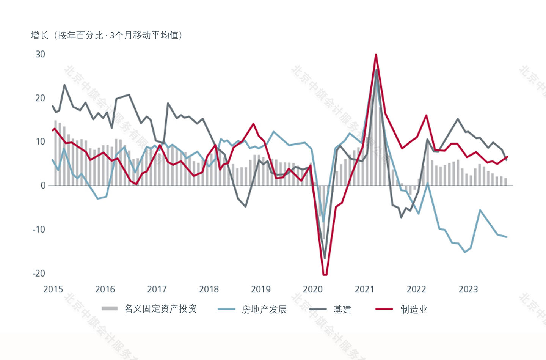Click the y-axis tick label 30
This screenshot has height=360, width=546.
click(x=40, y=54)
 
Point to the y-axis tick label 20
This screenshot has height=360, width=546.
click(x=40, y=98)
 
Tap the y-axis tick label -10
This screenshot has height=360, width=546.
click(x=39, y=230)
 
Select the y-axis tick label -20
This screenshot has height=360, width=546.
click(x=39, y=274)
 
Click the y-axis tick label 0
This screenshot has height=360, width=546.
click(x=43, y=186)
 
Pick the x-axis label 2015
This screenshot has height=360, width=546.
click(x=53, y=289)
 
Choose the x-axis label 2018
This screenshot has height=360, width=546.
click(x=209, y=289)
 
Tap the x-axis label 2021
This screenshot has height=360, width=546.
click(x=364, y=289)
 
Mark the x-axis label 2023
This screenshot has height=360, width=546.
click(x=468, y=289)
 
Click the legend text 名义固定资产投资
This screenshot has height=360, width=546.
click(x=160, y=309)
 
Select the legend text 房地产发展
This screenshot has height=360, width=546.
click(x=264, y=310)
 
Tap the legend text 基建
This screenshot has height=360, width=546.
click(x=342, y=310)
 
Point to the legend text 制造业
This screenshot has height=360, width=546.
click(x=414, y=310)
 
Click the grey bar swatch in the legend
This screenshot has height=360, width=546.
click(x=110, y=308)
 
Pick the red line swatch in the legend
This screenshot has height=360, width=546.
click(x=384, y=309)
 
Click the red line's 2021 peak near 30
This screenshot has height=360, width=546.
click(x=376, y=55)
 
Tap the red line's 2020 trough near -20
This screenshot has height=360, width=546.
click(x=325, y=274)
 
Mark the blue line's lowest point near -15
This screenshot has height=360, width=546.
click(x=465, y=252)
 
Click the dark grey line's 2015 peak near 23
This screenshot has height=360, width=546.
click(x=64, y=85)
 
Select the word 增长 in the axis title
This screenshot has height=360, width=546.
click(x=39, y=36)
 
